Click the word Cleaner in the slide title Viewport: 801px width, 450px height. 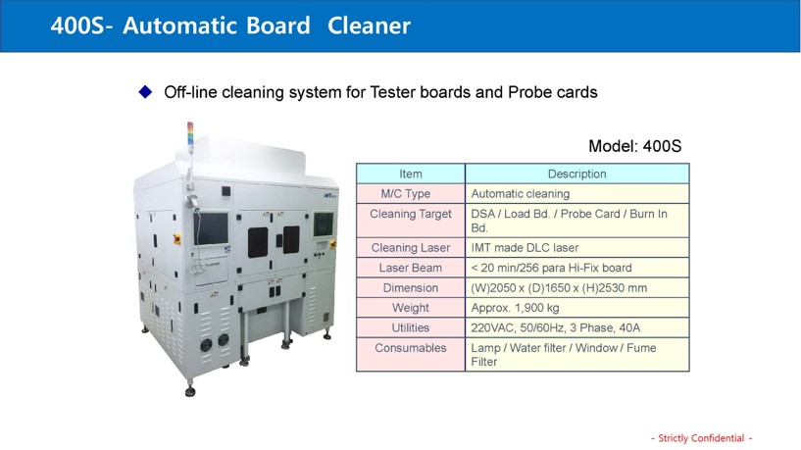(369, 25)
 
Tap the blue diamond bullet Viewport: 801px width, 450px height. (145, 92)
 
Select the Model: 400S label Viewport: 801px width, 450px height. (634, 146)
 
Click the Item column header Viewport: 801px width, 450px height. (411, 174)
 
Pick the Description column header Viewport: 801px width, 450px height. (576, 174)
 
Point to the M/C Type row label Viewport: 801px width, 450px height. (406, 193)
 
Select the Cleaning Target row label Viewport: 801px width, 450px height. (411, 214)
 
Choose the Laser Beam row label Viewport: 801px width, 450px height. (411, 268)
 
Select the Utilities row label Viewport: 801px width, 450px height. (411, 327)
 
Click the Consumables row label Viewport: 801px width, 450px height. (411, 348)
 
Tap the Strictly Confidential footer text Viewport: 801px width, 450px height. (701, 437)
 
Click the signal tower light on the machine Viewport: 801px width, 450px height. (190, 134)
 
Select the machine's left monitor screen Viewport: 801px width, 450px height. (211, 227)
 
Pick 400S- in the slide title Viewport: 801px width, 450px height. (81, 25)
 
